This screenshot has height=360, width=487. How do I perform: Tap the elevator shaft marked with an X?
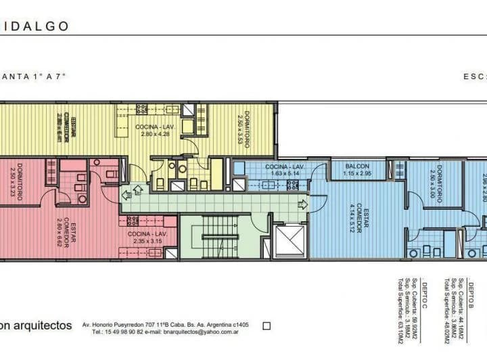tap(290, 242)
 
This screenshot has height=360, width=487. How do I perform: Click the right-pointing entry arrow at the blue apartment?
tap(302, 204)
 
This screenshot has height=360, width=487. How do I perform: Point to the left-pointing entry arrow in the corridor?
tap(126, 195)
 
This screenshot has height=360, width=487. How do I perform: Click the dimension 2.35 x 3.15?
tap(148, 240)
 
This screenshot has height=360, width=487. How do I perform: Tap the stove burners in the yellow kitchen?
tap(142, 108)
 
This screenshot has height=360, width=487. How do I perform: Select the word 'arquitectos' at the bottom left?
tap(43, 325)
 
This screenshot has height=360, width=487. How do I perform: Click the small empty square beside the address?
tap(266, 325)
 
